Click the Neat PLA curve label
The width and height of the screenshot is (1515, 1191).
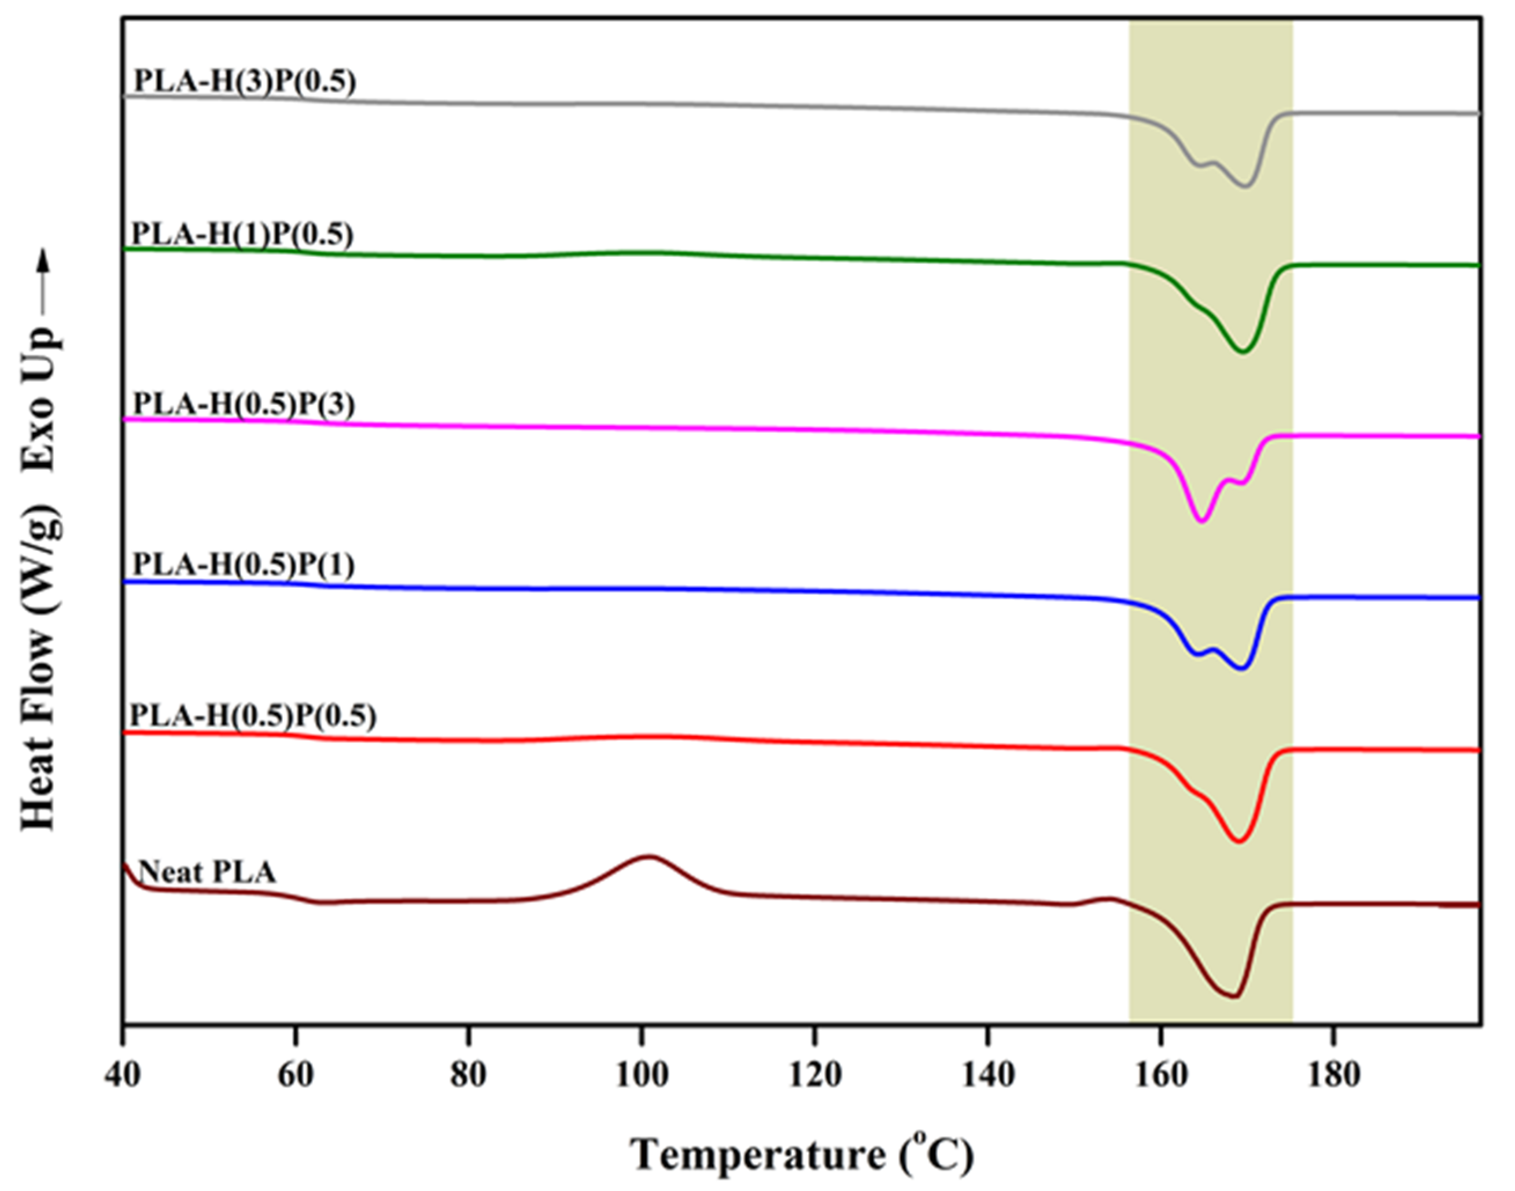point(207,872)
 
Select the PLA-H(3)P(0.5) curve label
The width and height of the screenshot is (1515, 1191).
point(245,82)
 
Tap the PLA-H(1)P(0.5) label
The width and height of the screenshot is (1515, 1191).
point(242,235)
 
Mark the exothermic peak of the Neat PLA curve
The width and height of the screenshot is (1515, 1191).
point(649,856)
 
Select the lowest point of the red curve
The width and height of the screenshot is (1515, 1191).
point(1239,842)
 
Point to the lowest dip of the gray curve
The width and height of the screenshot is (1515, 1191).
point(1247,186)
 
